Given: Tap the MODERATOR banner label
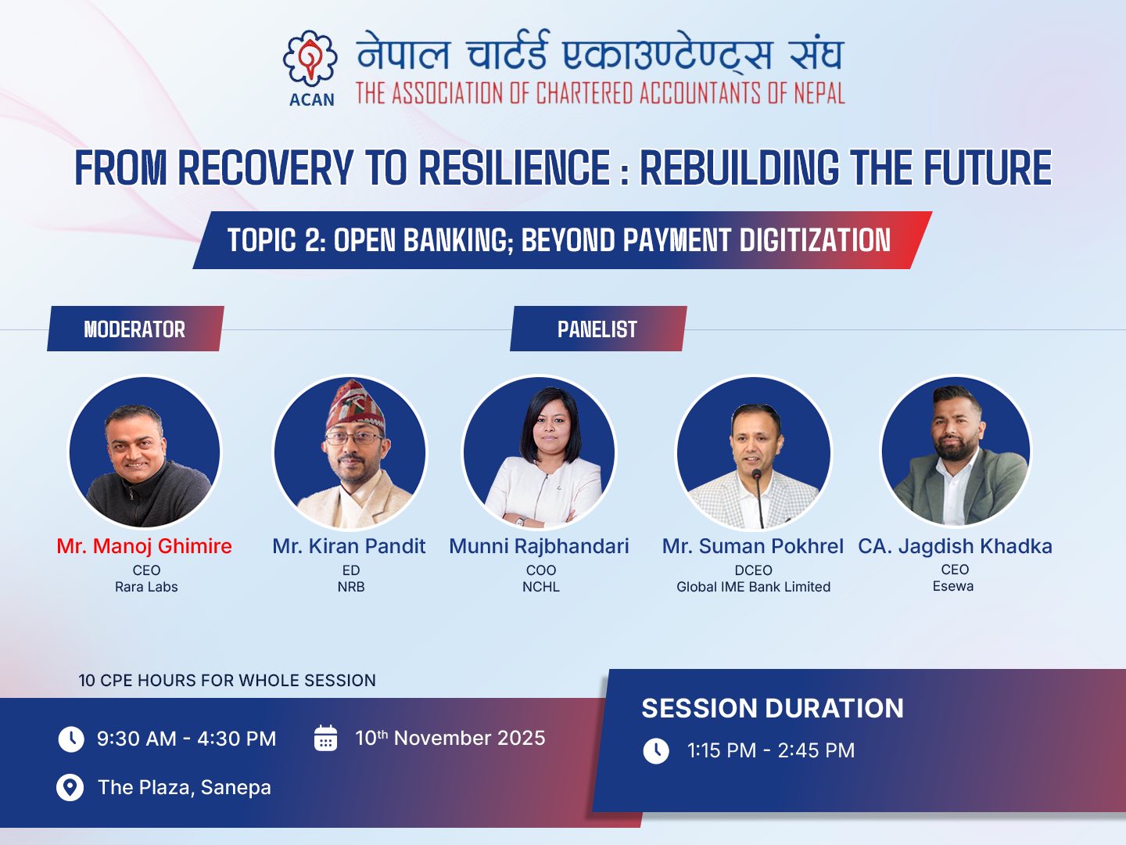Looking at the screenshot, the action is pos(134,329).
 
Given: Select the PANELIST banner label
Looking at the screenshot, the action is pos(597,329).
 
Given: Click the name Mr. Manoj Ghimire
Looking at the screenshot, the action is pos(144,546).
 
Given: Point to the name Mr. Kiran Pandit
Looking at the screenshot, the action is pos(349,546).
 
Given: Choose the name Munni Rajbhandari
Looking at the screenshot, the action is pos(539,547).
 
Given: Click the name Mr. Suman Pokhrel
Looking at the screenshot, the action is pos(752,546).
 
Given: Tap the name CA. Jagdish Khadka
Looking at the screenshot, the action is pos(956,546).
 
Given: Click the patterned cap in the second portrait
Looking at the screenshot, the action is pos(355,405).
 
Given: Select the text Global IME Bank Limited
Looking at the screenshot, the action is pos(753,587).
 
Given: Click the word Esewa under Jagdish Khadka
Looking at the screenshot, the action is pos(953,586).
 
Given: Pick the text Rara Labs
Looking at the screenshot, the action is pos(146,587).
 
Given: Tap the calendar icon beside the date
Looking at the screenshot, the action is pos(326,738).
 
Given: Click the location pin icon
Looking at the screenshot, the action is pos(70,788).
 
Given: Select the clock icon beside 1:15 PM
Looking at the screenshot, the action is pos(656,751).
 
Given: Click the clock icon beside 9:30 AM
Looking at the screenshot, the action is pos(71,739).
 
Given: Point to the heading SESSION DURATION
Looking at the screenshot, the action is pos(773,709).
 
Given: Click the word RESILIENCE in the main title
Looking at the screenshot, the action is pos(515,167).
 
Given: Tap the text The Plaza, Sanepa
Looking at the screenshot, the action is pos(185,788).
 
